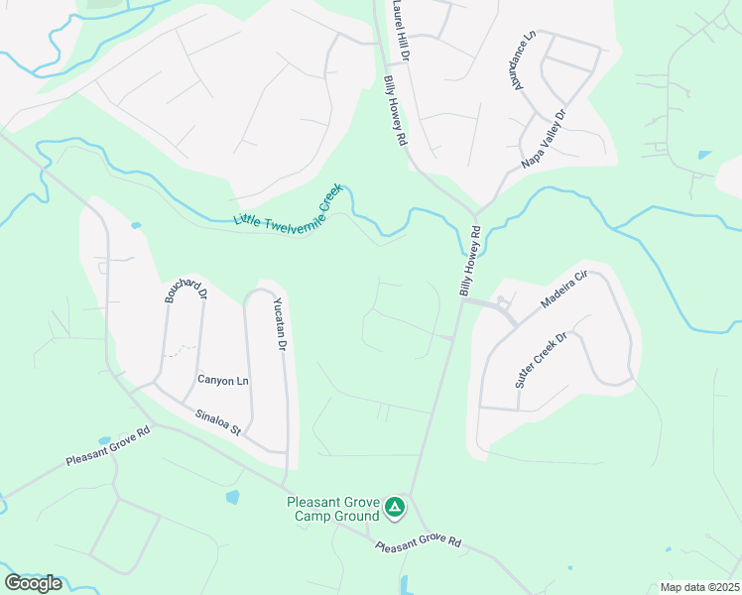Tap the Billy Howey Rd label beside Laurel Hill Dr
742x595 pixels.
tap(396, 112)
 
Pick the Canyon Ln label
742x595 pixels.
tap(223, 380)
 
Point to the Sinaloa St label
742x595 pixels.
tap(218, 422)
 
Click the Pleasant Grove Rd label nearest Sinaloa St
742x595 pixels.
tap(107, 447)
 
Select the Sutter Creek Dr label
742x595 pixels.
tap(539, 360)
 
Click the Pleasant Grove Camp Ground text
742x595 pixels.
tap(332, 509)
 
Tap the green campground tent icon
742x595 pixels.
tap(395, 509)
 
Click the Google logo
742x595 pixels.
tap(34, 583)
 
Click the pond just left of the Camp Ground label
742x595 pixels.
tap(232, 497)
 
